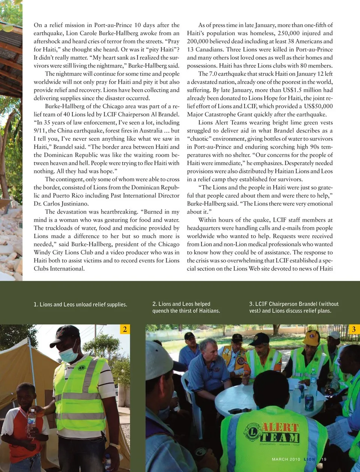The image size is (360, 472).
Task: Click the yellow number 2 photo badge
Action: [x=124, y=329]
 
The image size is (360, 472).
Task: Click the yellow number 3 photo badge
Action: [x=353, y=329]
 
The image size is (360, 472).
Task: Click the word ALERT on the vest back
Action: [x=280, y=427]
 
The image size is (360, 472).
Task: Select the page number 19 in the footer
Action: [x=324, y=459]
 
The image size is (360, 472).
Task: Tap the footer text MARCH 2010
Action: [x=286, y=459]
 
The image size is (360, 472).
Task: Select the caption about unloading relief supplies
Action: [x=80, y=305]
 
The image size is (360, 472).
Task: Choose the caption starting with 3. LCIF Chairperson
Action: [x=294, y=307]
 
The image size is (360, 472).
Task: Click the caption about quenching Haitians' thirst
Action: [x=186, y=307]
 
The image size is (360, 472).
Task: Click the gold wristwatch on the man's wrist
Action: [x=115, y=446]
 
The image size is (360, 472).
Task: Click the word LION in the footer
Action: [x=309, y=459]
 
